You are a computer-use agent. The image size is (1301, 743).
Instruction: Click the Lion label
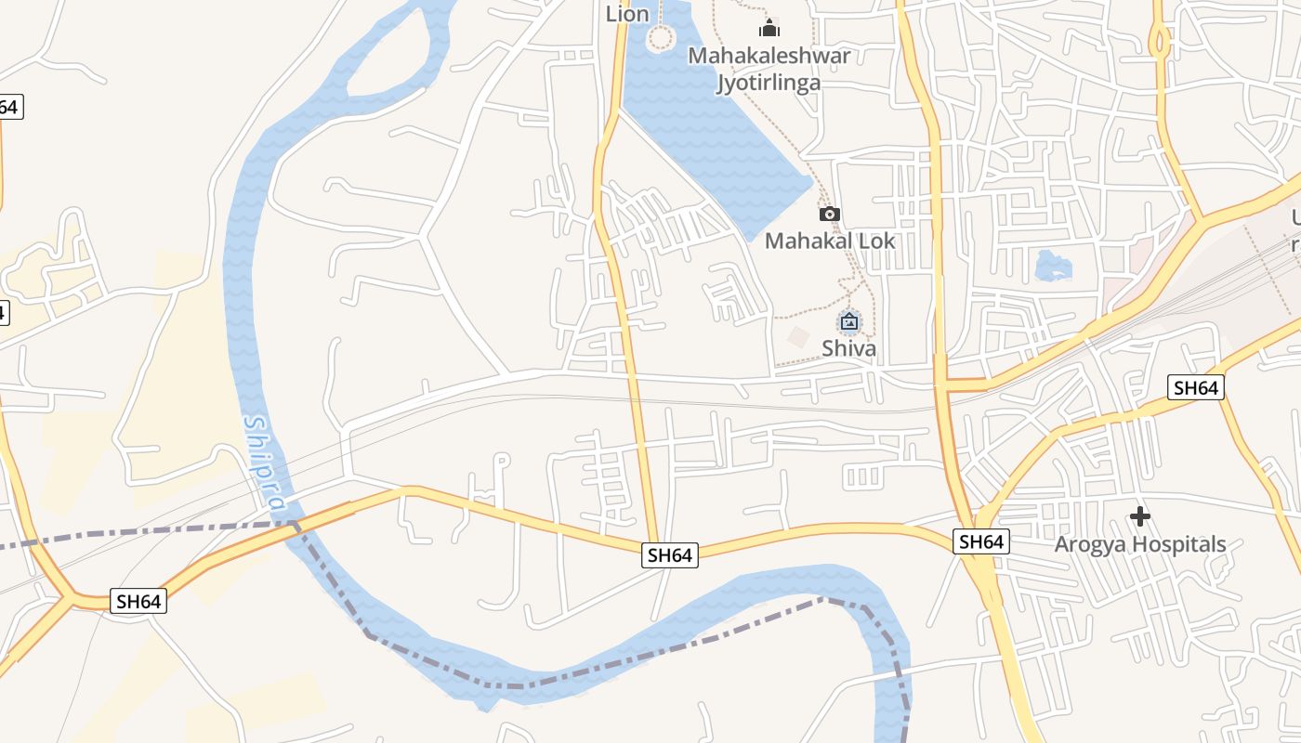[627, 14]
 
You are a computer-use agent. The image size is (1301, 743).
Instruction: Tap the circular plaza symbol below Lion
[660, 38]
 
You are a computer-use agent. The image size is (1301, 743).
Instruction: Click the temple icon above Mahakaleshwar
[769, 29]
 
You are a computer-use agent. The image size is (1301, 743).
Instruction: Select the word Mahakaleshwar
[769, 56]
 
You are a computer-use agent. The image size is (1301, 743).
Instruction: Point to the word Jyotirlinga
[769, 83]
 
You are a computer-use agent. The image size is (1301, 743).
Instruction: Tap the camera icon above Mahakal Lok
[830, 215]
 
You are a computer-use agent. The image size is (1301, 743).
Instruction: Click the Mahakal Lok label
[830, 241]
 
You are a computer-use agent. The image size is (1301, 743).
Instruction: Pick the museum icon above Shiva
[848, 322]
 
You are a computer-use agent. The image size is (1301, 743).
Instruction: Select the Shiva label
[848, 348]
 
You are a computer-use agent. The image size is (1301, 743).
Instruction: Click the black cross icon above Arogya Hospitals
[1140, 516]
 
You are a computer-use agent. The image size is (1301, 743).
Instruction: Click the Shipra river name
[264, 462]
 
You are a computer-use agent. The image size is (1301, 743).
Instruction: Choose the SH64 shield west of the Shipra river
[138, 601]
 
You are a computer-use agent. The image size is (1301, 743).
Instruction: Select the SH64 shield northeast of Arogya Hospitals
[1195, 387]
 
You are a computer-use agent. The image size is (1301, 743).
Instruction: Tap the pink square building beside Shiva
[797, 336]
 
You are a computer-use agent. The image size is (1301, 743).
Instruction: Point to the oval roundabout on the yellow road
[1159, 42]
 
